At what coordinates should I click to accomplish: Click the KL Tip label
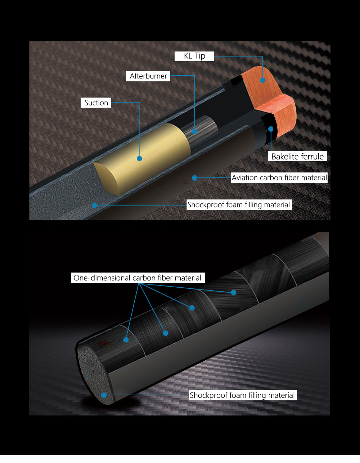coord(194,56)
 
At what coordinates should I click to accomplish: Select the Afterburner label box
coord(148,76)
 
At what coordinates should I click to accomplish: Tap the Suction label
coord(96,103)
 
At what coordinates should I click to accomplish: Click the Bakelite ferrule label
coord(298,156)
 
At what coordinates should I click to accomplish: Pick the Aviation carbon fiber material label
coord(279,178)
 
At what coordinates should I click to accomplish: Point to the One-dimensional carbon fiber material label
coord(138,278)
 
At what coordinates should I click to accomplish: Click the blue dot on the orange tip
coord(263,80)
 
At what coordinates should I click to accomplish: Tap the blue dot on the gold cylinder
coord(139,158)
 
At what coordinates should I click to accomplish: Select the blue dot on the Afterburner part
coord(194,131)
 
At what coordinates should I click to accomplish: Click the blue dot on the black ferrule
coord(271,129)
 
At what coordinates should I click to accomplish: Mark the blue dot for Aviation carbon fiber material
coord(194,178)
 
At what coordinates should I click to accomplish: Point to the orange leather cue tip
coord(270,100)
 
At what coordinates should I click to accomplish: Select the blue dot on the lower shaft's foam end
coord(104,395)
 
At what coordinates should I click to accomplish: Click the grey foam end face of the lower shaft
coord(94,375)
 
